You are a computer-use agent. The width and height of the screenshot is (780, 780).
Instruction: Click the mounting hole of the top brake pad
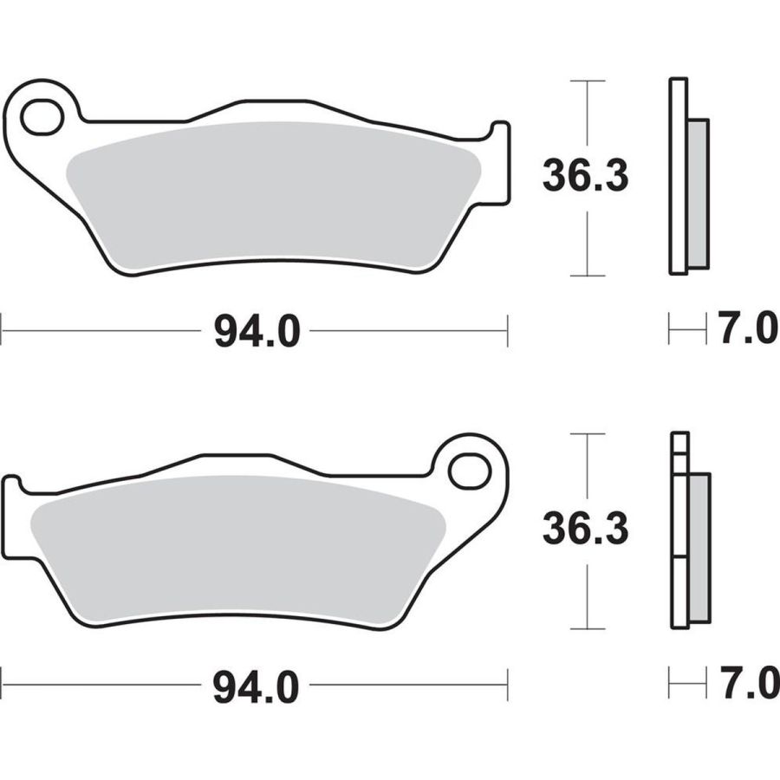tap(42, 117)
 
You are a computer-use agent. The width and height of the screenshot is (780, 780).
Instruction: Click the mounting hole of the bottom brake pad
tap(470, 470)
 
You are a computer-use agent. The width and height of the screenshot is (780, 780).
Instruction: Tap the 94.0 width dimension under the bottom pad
tap(257, 687)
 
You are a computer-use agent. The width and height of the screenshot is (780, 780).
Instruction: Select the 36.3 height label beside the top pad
tap(586, 176)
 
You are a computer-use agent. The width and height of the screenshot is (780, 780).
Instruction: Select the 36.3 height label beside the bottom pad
tap(586, 529)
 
